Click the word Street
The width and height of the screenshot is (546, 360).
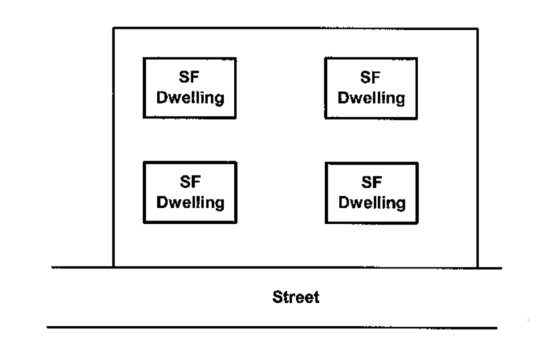pyautogui.click(x=295, y=297)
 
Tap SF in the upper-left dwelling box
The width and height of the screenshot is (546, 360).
pyautogui.click(x=190, y=79)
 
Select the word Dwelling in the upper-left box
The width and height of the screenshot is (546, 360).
pyautogui.click(x=190, y=97)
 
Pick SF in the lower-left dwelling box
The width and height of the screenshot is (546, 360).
pyautogui.click(x=190, y=184)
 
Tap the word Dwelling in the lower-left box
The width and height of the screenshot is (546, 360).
pyautogui.click(x=190, y=202)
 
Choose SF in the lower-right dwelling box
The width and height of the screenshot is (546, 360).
pyautogui.click(x=371, y=184)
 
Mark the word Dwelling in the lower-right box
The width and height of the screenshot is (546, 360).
pyautogui.click(x=371, y=202)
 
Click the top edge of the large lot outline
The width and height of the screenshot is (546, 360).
pyautogui.click(x=295, y=28)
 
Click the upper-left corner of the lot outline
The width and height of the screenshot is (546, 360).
pyautogui.click(x=114, y=28)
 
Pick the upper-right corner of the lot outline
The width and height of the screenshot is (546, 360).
pyautogui.click(x=477, y=28)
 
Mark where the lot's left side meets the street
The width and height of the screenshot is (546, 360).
pyautogui.click(x=114, y=267)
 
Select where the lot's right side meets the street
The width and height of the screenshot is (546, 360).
pyautogui.click(x=477, y=267)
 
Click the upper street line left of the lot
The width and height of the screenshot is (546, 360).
pyautogui.click(x=83, y=267)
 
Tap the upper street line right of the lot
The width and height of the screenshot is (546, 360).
pyautogui.click(x=489, y=268)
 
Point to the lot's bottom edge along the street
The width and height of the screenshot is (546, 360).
pyautogui.click(x=295, y=267)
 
